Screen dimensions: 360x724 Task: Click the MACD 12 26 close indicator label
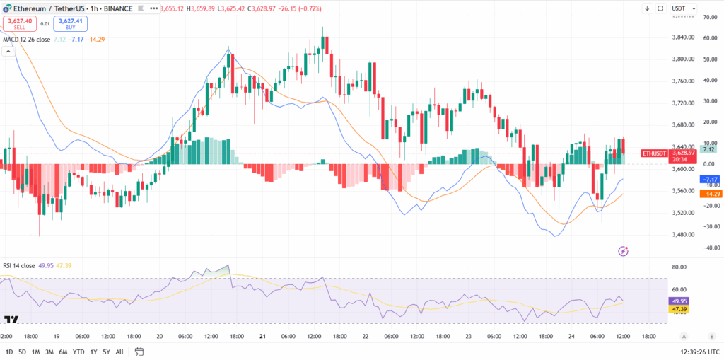pyautogui.click(x=27, y=40)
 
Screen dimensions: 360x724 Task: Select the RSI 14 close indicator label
pyautogui.click(x=19, y=265)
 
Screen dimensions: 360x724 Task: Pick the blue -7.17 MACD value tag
pyautogui.click(x=710, y=180)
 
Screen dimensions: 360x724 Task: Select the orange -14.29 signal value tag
pyautogui.click(x=710, y=194)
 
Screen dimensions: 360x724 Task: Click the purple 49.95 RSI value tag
pyautogui.click(x=680, y=301)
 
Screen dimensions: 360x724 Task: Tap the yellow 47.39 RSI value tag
pyautogui.click(x=680, y=310)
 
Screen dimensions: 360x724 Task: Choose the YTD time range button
pyautogui.click(x=78, y=352)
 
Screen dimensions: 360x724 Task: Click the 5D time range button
pyautogui.click(x=22, y=352)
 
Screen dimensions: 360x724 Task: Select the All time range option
pyautogui.click(x=119, y=352)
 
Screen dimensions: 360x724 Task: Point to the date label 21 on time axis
pyautogui.click(x=262, y=337)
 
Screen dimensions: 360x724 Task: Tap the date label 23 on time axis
pyautogui.click(x=467, y=337)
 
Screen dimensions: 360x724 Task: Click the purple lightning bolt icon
pyautogui.click(x=623, y=250)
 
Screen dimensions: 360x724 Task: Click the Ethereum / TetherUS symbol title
pyautogui.click(x=47, y=8)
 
